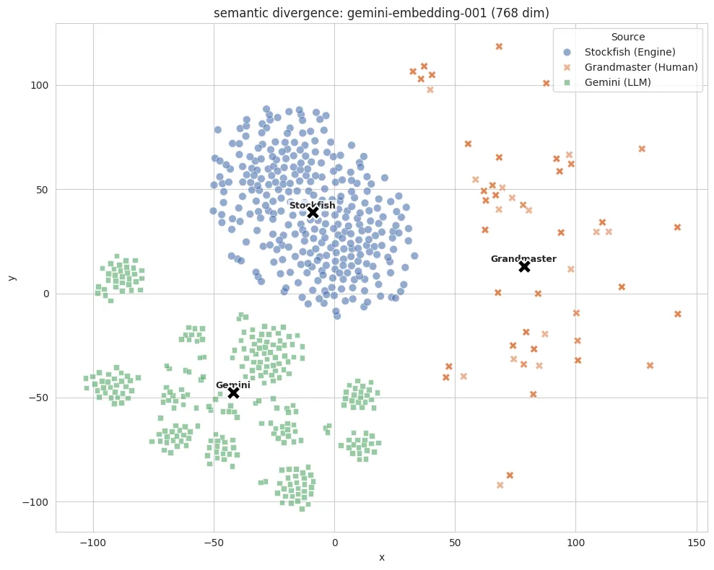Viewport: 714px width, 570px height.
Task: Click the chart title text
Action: coord(381,13)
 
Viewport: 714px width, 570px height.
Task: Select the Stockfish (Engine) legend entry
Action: coord(619,52)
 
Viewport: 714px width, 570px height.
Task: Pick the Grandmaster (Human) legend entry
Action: coord(630,67)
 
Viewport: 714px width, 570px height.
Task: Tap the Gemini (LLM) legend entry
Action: coord(607,82)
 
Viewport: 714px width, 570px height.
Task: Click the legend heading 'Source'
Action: coord(628,37)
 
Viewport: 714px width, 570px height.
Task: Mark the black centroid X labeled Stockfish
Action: coord(313,212)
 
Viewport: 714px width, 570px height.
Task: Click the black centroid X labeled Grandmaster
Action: coord(525,266)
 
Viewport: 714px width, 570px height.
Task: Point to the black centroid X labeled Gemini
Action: coord(233,393)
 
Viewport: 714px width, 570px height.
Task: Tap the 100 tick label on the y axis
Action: coord(39,86)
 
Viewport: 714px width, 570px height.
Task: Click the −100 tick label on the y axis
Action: coord(35,502)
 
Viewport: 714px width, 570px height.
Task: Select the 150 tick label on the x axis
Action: coord(696,543)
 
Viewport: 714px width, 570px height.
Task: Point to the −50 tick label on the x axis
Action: coord(214,543)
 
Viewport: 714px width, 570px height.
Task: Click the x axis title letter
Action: coord(382,558)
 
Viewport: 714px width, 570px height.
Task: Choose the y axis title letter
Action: coord(12,278)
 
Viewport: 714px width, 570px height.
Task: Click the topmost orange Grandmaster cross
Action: coord(499,46)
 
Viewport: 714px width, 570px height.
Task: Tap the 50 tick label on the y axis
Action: coord(42,190)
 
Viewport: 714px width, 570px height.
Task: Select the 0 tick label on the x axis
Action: coord(335,543)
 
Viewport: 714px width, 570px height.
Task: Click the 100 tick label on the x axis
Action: coord(575,543)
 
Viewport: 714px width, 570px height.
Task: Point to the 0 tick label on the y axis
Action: coord(46,294)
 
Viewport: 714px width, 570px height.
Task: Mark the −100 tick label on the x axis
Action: coord(93,543)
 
